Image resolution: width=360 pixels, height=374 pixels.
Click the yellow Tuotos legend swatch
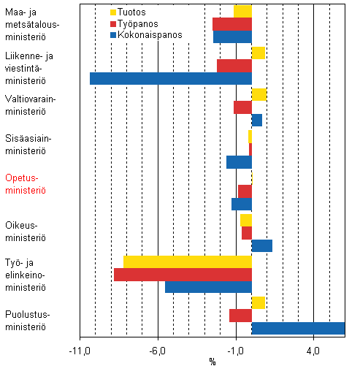(113, 12)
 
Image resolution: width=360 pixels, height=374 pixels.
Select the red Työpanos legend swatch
(113, 23)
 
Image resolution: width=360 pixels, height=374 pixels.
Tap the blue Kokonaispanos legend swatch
(113, 34)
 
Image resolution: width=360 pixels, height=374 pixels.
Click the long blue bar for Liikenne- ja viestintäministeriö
(170, 78)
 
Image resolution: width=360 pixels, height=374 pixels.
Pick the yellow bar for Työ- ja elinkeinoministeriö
(187, 262)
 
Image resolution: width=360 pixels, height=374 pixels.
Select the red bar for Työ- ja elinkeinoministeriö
(183, 275)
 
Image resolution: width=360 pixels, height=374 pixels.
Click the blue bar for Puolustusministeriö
(298, 329)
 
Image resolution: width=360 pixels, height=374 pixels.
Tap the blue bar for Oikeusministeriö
(261, 245)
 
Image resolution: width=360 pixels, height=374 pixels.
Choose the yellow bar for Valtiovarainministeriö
(258, 94)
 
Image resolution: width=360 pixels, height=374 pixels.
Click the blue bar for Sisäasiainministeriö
(239, 162)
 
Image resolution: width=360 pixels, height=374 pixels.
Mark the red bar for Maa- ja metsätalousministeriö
(231, 24)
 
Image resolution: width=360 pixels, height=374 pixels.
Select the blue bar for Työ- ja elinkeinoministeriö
(208, 287)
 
